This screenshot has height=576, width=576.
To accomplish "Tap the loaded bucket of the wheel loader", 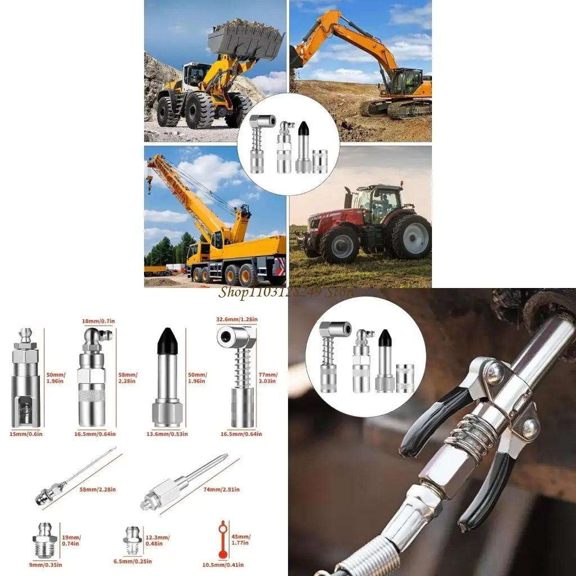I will click(x=245, y=39).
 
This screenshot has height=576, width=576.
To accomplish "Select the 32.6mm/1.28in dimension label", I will click(x=237, y=319).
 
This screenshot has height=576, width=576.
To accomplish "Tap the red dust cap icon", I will click(x=223, y=539).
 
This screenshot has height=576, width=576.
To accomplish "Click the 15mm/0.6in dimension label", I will click(x=26, y=434).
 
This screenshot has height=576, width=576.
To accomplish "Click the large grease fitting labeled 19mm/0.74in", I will click(x=43, y=540).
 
